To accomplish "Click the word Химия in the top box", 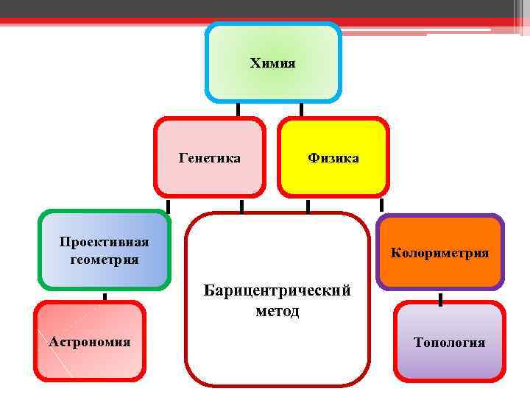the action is point(272,63).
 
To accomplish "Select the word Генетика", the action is point(209,157).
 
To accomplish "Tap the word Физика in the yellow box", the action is point(333,157).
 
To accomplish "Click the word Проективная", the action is point(105,243).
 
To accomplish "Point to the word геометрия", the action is point(105,259).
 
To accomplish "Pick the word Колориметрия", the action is point(440,253).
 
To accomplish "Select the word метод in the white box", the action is point(277,311).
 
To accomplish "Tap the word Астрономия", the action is point(90,341).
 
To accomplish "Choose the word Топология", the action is point(449,342).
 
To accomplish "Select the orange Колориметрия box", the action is point(440,272).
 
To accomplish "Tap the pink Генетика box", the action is point(209,180).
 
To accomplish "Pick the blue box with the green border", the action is point(105,276).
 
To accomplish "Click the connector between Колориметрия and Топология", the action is point(440,299).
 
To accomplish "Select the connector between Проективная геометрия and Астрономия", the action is point(105,298).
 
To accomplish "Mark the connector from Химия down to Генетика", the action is point(238,110).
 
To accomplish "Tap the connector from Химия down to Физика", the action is point(301,110).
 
